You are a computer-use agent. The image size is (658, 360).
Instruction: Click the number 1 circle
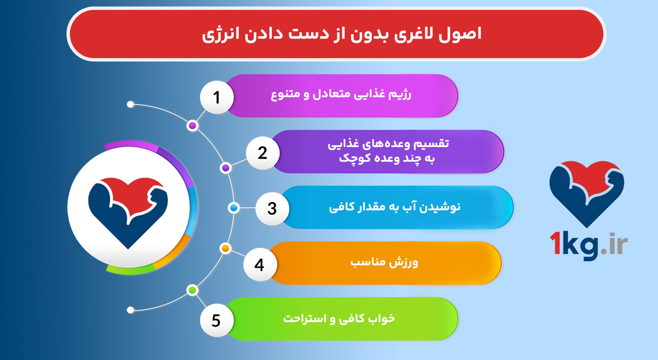coord(217,97)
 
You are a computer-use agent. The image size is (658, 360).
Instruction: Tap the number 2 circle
coord(263,153)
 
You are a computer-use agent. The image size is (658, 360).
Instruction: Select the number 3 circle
coord(272,209)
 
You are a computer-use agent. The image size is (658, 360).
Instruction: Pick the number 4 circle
coord(259,264)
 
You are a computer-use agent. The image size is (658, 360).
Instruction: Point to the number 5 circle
coord(216,320)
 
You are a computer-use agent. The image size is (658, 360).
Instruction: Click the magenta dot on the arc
coord(193,126)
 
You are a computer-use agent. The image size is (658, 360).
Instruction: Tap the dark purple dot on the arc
coord(226,168)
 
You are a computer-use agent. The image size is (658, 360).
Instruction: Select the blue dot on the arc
coord(233,208)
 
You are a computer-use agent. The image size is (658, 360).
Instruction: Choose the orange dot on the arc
coord(225,248)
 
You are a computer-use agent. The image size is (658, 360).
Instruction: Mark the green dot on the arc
coord(192,290)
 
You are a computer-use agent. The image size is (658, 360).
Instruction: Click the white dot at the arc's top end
coord(130,104)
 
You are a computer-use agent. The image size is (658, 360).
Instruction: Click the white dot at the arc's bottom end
coord(130,310)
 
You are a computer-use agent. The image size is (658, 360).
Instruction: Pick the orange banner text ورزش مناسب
coord(384,263)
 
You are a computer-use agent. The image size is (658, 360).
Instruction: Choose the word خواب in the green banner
coord(381,318)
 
